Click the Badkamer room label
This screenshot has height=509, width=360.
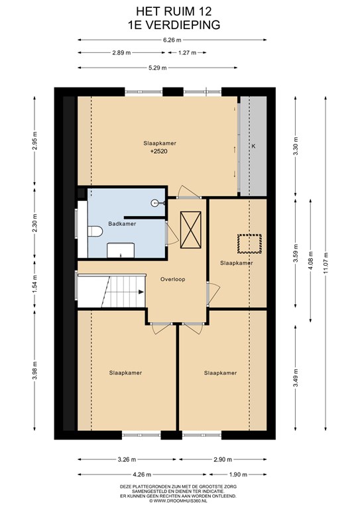click(x=122, y=223)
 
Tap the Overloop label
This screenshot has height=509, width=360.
click(x=172, y=279)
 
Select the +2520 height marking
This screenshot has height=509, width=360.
click(x=159, y=151)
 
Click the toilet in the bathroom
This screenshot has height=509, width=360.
click(x=95, y=231)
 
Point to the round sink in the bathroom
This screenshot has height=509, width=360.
click(x=155, y=203)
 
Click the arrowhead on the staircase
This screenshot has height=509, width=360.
click(x=141, y=292)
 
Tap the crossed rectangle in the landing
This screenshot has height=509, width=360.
click(x=190, y=230)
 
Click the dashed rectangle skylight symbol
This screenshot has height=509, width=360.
click(x=250, y=244)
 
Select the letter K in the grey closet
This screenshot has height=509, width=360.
click(x=253, y=146)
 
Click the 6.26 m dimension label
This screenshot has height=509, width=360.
click(x=172, y=40)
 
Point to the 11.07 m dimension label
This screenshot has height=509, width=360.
click(x=326, y=263)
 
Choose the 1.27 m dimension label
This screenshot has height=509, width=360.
click(x=188, y=52)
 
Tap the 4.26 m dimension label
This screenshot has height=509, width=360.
click(x=142, y=475)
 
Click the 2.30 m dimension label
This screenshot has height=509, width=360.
click(x=34, y=222)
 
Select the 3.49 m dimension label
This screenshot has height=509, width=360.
click(x=296, y=378)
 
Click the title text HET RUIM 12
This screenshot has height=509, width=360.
click(x=174, y=12)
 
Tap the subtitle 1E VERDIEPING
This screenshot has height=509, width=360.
click(x=174, y=25)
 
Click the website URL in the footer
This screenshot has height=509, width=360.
click(x=178, y=501)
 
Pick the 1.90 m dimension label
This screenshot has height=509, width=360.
click(x=238, y=475)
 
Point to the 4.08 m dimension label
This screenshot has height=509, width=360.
click(x=311, y=260)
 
